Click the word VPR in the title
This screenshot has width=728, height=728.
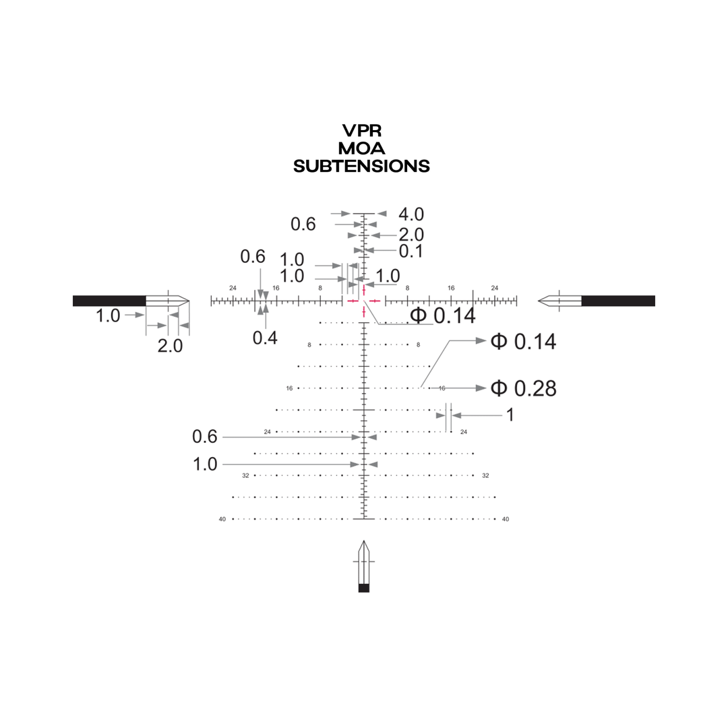pos(362,131)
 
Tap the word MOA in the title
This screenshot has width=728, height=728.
pos(362,148)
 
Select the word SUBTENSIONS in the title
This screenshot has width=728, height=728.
pos(362,166)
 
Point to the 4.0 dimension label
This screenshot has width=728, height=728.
pos(411,214)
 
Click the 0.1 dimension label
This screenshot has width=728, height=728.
pos(411,251)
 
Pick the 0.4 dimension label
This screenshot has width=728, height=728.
pos(265,338)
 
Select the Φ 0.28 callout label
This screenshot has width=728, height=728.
pos(523,388)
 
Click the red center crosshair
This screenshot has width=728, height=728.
pos(364,301)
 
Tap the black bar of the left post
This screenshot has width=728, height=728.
pos(109,301)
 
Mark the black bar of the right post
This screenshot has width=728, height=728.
pos(618,301)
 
